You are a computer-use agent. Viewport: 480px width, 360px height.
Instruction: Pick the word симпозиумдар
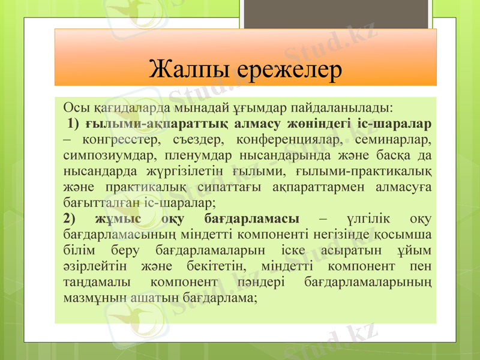tap(100, 156)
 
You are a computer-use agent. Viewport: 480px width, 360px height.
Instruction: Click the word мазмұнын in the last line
tap(92, 297)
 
